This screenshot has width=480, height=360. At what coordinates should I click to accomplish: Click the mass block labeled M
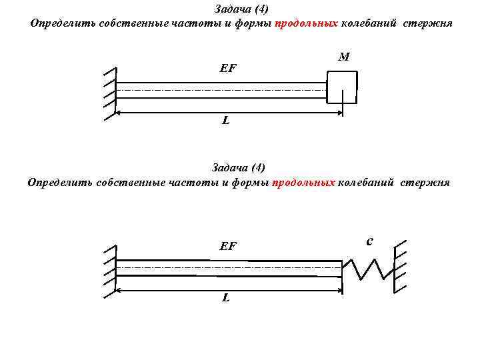click(x=342, y=88)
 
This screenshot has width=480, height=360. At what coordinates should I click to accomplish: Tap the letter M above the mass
click(x=344, y=57)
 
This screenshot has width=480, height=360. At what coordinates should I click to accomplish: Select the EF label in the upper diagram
click(x=228, y=68)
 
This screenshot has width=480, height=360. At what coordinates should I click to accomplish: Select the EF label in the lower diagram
click(x=228, y=246)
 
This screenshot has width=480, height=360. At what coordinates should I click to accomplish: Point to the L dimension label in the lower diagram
click(x=226, y=297)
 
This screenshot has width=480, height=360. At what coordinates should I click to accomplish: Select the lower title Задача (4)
click(x=239, y=167)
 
